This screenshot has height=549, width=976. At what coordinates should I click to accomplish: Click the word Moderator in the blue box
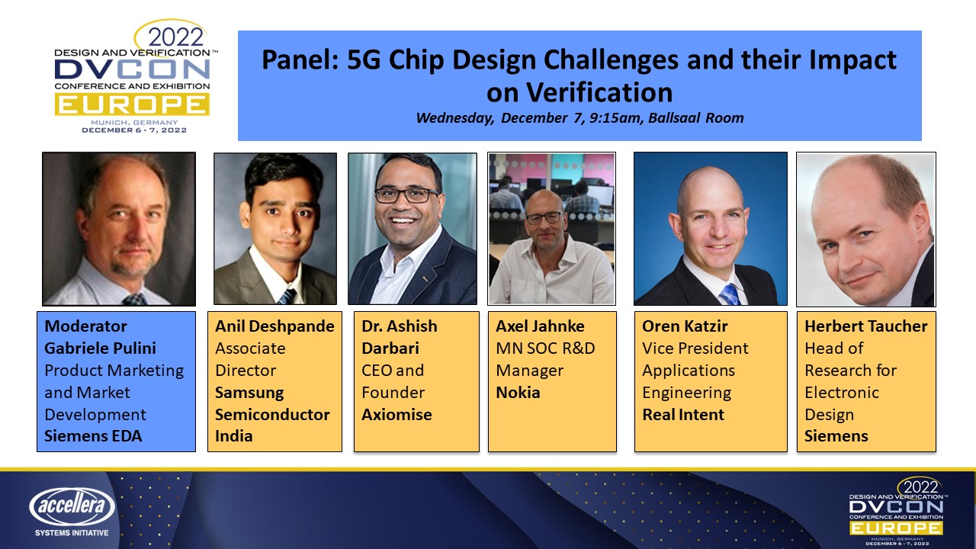pyautogui.click(x=85, y=326)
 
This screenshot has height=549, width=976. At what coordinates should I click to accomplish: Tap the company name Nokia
pyautogui.click(x=518, y=393)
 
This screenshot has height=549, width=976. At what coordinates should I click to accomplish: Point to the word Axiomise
pyautogui.click(x=396, y=415)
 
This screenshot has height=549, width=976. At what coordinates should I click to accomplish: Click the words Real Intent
pyautogui.click(x=683, y=415)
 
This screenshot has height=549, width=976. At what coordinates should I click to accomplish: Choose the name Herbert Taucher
pyautogui.click(x=866, y=326)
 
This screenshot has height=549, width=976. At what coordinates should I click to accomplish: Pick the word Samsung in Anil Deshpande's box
pyautogui.click(x=249, y=393)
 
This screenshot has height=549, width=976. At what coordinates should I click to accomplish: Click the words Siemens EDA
pyautogui.click(x=93, y=437)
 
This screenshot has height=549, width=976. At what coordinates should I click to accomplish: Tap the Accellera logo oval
pyautogui.click(x=72, y=506)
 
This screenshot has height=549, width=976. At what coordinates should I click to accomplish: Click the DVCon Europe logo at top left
pyautogui.click(x=132, y=76)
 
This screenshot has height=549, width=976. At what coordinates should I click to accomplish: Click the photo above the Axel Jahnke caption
pyautogui.click(x=551, y=228)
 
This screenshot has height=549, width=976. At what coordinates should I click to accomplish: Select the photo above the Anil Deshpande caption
pyautogui.click(x=275, y=228)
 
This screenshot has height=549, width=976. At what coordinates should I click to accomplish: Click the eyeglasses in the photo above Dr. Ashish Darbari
pyautogui.click(x=406, y=194)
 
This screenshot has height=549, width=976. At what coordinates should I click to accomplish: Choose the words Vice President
pyautogui.click(x=695, y=348)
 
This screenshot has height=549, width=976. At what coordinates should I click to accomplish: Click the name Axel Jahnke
pyautogui.click(x=540, y=326)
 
